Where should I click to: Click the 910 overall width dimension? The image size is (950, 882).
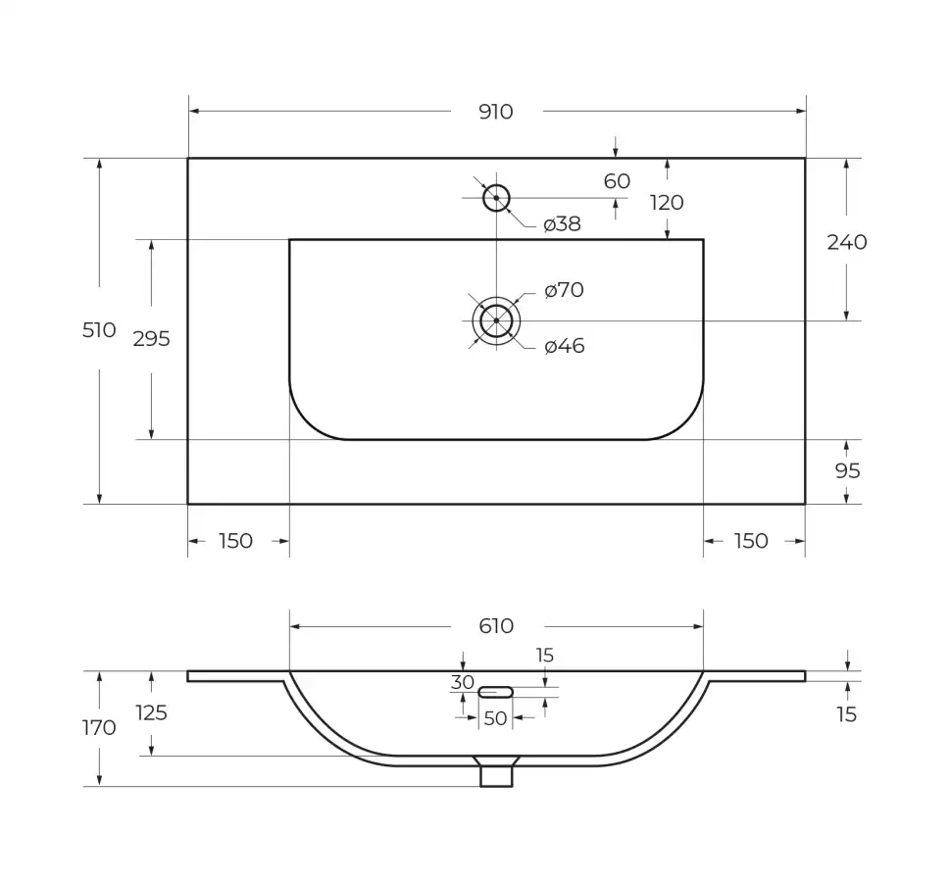pyautogui.click(x=496, y=112)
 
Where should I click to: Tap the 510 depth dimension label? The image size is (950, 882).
pyautogui.click(x=99, y=330)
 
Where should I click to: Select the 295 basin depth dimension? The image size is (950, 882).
pyautogui.click(x=151, y=339)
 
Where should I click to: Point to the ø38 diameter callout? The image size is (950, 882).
pyautogui.click(x=562, y=224)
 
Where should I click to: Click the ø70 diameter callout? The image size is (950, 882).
pyautogui.click(x=564, y=290)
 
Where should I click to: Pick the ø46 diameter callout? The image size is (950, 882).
pyautogui.click(x=565, y=346)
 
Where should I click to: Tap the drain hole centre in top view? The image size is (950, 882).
pyautogui.click(x=496, y=321)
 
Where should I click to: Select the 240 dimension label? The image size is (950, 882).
pyautogui.click(x=847, y=242)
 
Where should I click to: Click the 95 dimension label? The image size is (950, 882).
pyautogui.click(x=847, y=470)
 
